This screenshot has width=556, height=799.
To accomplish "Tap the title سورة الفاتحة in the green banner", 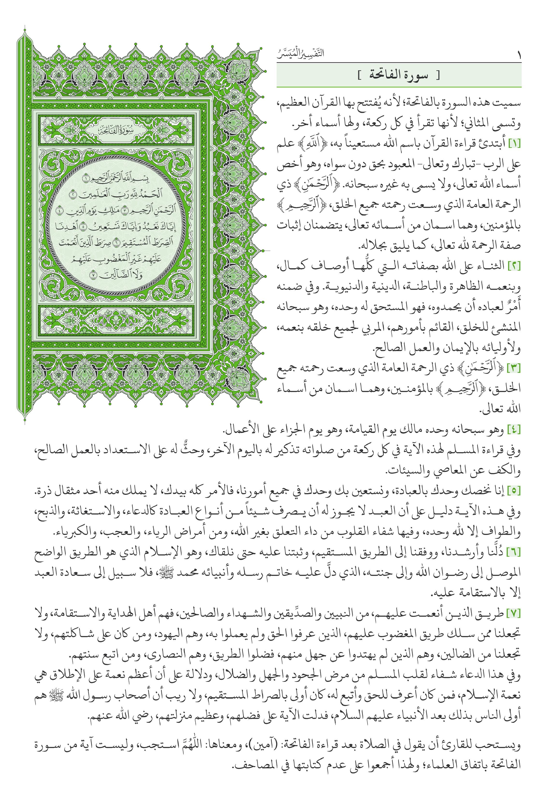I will [x=399, y=75].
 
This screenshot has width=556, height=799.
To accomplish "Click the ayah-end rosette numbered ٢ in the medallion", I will [x=73, y=194].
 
